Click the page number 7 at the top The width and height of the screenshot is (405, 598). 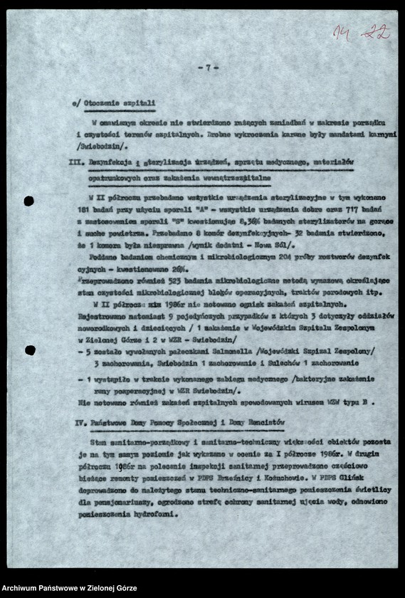[207, 68]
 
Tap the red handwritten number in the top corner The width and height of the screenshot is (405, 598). [362, 32]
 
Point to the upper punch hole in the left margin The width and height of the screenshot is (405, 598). [28, 201]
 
